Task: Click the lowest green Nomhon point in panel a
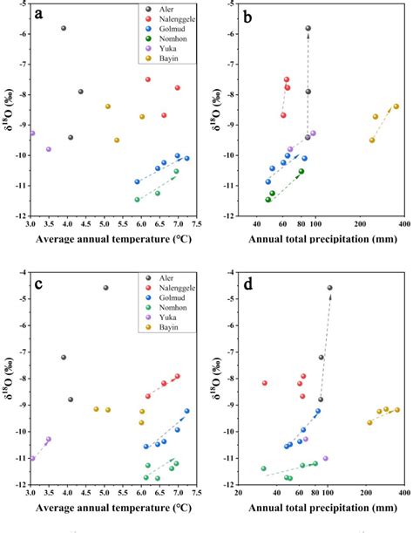point(137,199)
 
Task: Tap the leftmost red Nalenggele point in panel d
point(265,383)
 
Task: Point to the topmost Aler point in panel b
point(308,28)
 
